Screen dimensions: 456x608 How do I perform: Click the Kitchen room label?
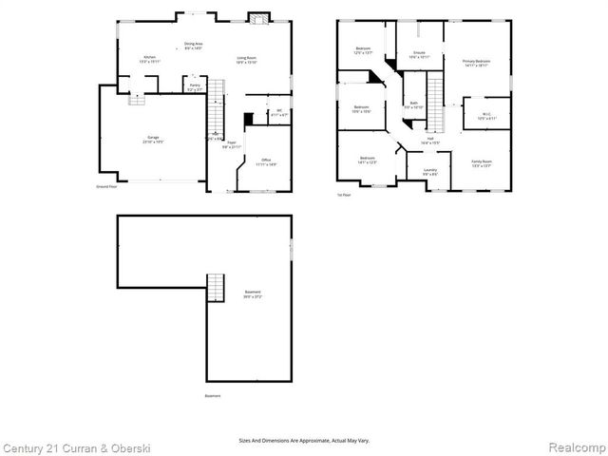pyautogui.click(x=150, y=59)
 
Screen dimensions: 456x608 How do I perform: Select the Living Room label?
pyautogui.click(x=248, y=59)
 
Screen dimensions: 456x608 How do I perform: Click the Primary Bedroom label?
pyautogui.click(x=476, y=64)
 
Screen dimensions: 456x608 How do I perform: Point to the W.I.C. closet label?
pyautogui.click(x=486, y=115)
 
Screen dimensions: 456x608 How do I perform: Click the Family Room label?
pyautogui.click(x=482, y=163)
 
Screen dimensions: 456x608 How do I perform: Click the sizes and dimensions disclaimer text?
pyautogui.click(x=304, y=440)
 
